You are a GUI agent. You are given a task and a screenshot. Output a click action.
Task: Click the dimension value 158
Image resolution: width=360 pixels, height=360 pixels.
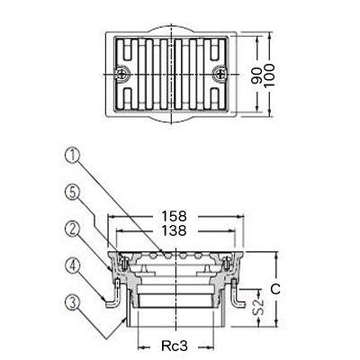pos(174,216)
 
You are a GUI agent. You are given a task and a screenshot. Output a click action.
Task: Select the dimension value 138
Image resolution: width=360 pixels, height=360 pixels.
pos(174,230)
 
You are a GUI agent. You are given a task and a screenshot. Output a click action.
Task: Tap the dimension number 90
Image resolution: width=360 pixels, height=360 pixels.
pos(256,76)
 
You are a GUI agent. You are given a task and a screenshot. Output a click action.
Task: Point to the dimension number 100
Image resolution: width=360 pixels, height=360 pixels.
pos(270,76)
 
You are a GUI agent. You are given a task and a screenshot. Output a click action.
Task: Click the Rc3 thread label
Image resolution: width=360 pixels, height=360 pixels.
pos(175,346)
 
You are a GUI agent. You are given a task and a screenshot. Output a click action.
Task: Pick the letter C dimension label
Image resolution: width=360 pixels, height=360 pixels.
pos(275,289)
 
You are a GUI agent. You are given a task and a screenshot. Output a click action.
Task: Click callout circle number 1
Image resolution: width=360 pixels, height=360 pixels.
pos(73,157)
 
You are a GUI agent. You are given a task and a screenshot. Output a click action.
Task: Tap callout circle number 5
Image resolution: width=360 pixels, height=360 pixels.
pos(73,193)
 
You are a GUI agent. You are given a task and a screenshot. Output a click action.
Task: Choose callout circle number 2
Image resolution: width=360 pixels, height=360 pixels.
pos(73,229)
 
